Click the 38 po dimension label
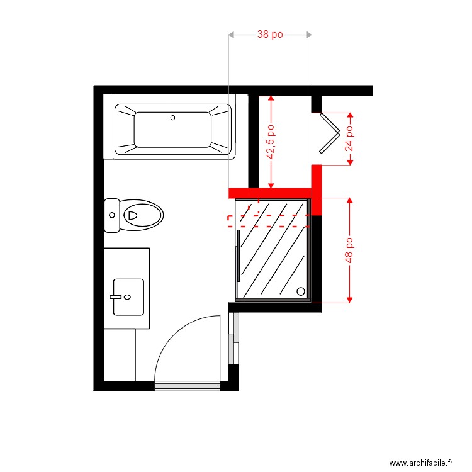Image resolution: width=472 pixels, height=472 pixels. click(x=270, y=35)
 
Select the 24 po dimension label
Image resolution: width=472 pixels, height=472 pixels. click(x=349, y=138)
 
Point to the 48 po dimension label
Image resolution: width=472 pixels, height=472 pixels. click(x=349, y=250)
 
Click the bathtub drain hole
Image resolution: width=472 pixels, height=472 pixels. click(x=173, y=117)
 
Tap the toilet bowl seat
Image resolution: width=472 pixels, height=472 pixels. click(x=143, y=215)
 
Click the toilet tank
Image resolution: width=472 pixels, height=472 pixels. click(x=112, y=215)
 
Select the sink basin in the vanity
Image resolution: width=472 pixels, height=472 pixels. click(x=128, y=296)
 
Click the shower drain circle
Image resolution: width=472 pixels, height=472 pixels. click(x=301, y=291)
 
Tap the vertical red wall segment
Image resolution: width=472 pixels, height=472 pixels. click(x=317, y=189)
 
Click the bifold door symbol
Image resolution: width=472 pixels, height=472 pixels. click(x=328, y=132)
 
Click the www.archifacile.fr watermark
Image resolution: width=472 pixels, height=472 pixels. click(x=421, y=463)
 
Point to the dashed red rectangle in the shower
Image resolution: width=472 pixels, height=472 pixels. click(x=267, y=220)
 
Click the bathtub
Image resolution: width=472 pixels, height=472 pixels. click(x=173, y=130)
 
